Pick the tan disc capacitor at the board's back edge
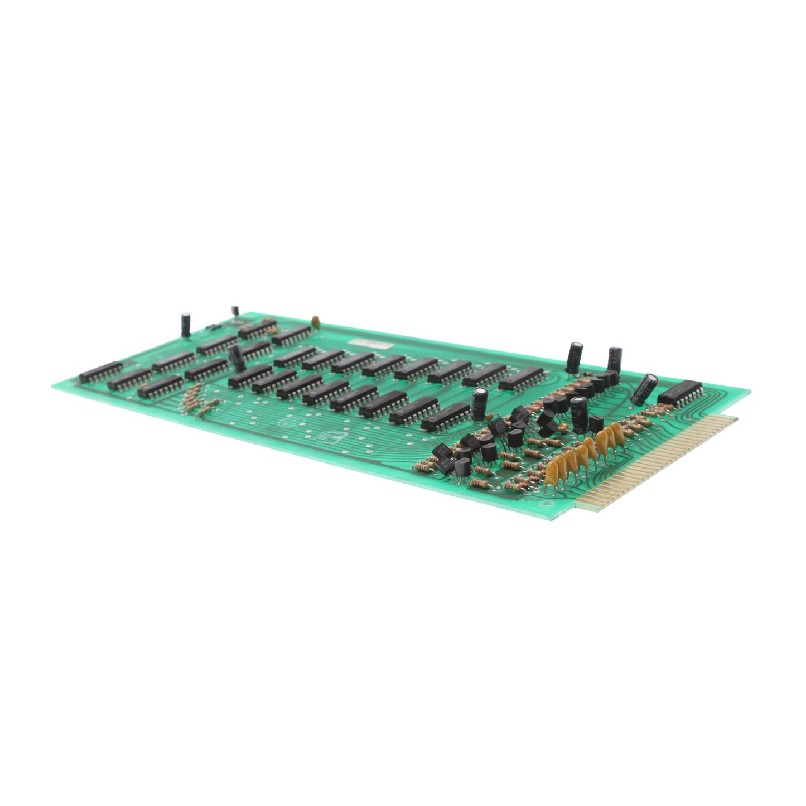(315, 321)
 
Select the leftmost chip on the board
(100, 371)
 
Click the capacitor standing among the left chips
(237, 357)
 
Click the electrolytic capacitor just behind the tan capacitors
(578, 414)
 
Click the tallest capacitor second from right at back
(614, 363)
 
